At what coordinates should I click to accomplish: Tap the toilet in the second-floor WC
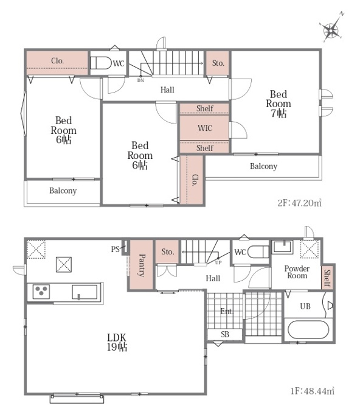[101, 63]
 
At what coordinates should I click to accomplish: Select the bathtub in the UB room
[308, 329]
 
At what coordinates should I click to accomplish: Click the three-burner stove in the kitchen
[41, 292]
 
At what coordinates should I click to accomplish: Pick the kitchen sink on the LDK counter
[85, 292]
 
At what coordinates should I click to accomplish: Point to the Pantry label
[142, 265]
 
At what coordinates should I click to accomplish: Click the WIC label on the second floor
[205, 128]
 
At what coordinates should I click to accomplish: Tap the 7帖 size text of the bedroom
[279, 113]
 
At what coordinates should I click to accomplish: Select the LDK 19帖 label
[117, 342]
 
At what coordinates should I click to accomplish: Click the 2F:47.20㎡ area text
[300, 203]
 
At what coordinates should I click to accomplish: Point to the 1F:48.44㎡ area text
[313, 391]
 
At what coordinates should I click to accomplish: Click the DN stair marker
[140, 80]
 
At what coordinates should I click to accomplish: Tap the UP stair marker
[218, 262]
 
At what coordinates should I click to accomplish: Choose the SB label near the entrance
[225, 334]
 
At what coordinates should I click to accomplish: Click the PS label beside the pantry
[116, 249]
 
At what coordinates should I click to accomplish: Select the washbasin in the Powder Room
[282, 247]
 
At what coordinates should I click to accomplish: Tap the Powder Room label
[297, 272]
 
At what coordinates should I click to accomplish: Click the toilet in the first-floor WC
[258, 251]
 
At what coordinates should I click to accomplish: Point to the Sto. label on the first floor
[168, 251]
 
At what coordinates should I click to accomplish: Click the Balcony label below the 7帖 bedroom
[263, 166]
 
